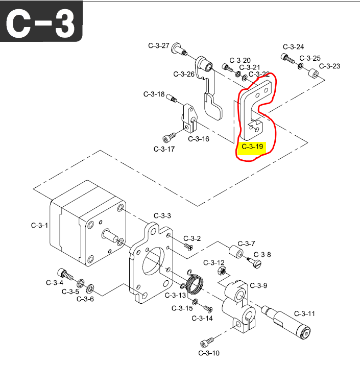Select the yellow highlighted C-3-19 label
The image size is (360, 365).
click(x=253, y=147)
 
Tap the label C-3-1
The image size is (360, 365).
click(x=39, y=225)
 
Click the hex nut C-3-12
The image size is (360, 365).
click(x=221, y=270)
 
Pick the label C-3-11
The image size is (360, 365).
click(x=304, y=313)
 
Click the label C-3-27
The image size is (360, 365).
click(x=159, y=45)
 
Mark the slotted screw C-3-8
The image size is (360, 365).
click(x=255, y=263)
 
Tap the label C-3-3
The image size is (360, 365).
click(x=162, y=216)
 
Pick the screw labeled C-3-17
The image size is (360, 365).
click(x=169, y=137)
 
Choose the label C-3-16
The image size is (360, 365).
click(x=199, y=139)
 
